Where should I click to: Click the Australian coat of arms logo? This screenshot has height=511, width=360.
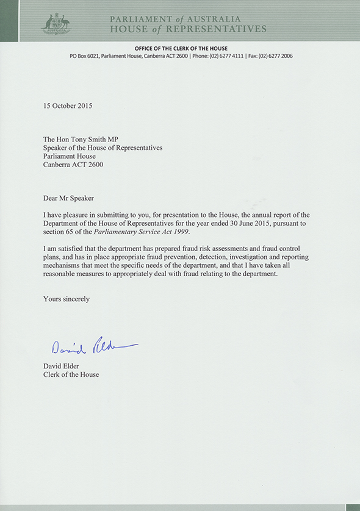pos(56,23)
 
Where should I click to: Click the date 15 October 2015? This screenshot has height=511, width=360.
pos(68,105)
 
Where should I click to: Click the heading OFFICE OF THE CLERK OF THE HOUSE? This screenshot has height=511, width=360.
pos(181,48)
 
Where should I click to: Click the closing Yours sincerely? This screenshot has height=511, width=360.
pos(67,299)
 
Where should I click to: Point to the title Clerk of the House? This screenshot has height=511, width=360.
pos(71,374)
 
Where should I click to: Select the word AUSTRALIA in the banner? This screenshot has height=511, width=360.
pos(211,18)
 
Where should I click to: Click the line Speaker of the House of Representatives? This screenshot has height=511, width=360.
pos(103,148)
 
